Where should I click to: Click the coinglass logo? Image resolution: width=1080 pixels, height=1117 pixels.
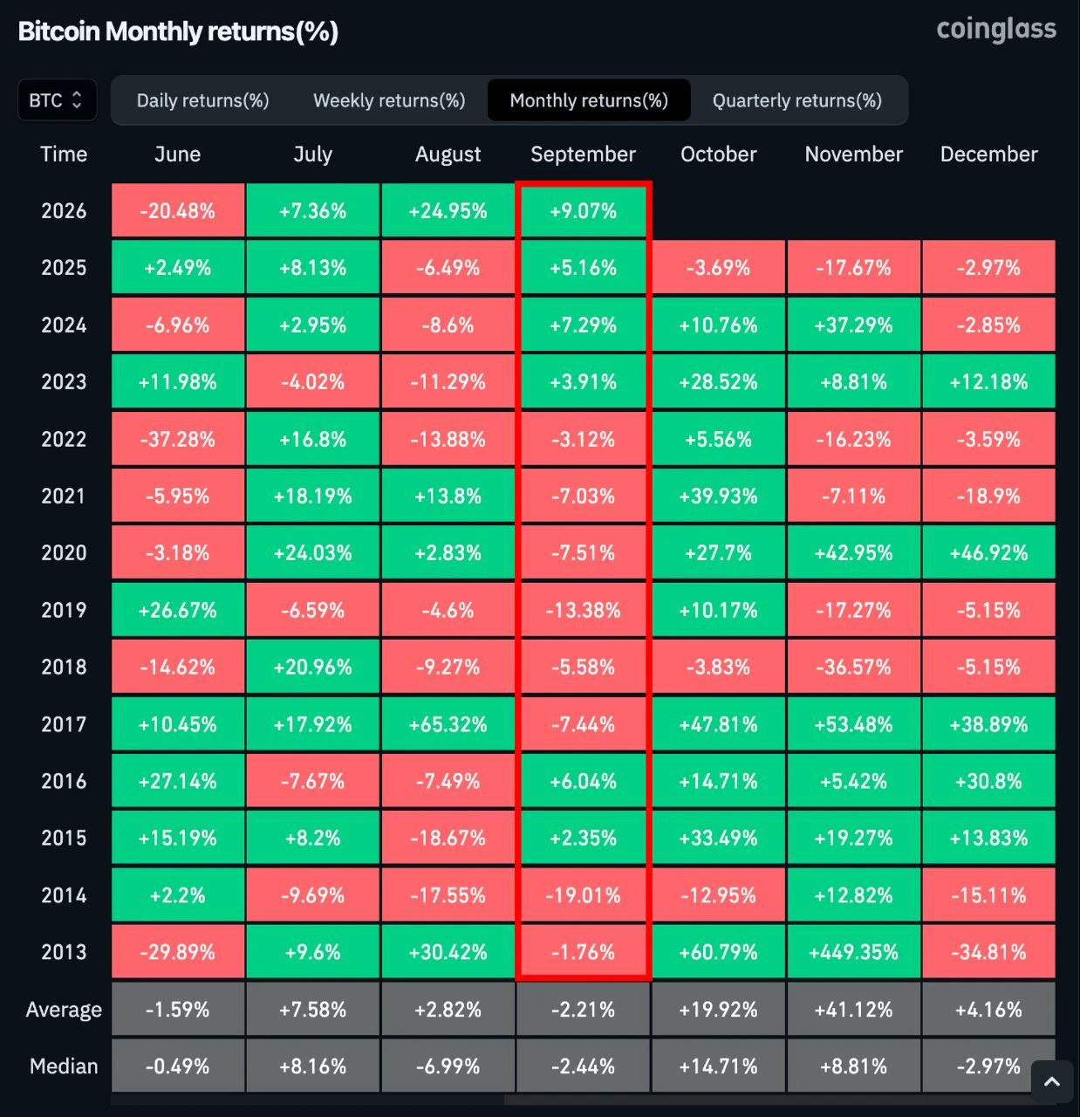[996, 30]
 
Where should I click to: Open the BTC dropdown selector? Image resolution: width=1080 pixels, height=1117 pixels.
[57, 100]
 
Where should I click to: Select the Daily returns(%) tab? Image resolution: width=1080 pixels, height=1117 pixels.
[202, 100]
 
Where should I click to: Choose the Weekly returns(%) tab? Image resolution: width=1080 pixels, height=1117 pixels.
[389, 100]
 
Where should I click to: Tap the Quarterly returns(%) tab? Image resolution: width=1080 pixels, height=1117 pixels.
[797, 100]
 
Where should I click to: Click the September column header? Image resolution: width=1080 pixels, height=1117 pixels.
[583, 154]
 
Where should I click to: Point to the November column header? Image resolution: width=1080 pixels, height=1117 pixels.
[853, 154]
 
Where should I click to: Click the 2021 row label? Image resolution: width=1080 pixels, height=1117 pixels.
[63, 496]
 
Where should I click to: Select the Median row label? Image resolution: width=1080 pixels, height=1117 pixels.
[63, 1066]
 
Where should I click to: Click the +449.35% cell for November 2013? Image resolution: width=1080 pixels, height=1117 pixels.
[853, 952]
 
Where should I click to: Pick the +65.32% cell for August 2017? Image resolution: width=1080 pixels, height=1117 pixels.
[448, 724]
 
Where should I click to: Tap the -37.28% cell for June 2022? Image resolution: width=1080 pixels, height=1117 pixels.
[178, 439]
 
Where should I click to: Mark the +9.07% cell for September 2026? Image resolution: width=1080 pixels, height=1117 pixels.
[583, 210]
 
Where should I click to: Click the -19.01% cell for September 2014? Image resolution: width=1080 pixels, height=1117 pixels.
[583, 895]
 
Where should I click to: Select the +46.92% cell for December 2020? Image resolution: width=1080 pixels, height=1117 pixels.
[988, 552]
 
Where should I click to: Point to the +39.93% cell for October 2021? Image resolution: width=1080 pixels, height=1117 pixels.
[719, 496]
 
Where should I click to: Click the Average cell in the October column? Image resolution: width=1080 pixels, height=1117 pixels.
[719, 1010]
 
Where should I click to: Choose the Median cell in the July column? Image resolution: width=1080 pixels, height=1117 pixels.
[313, 1066]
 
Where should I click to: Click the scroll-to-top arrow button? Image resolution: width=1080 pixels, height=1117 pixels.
[1052, 1082]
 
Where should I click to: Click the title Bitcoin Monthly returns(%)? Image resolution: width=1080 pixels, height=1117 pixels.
[178, 31]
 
